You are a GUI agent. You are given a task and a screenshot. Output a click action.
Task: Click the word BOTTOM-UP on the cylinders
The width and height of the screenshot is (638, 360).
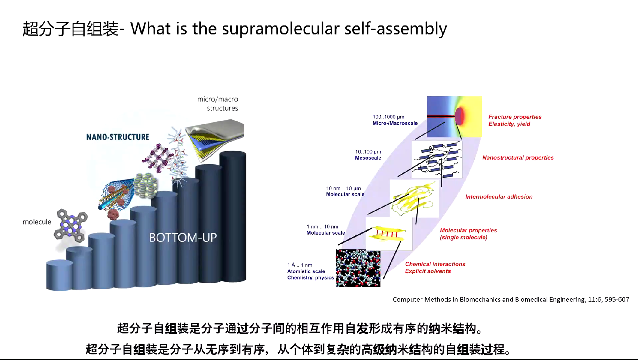[x=183, y=237]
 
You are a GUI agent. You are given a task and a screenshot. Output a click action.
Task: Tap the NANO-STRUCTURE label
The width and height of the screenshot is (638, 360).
[x=118, y=137]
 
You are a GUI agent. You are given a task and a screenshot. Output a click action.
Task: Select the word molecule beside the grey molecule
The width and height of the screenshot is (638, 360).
[x=37, y=222]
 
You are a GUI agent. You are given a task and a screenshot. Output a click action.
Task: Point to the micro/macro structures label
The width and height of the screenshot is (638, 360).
[x=218, y=104]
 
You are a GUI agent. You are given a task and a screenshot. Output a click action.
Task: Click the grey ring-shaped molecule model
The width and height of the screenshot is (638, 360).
[x=71, y=225]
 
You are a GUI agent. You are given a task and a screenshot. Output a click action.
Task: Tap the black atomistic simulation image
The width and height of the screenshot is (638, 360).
[x=358, y=268]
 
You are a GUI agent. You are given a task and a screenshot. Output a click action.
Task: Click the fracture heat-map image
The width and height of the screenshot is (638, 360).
[x=454, y=116]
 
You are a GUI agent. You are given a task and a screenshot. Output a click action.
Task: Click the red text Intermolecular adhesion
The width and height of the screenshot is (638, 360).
[x=499, y=196]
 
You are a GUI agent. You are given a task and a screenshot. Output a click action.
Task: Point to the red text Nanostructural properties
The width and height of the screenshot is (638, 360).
[x=518, y=158]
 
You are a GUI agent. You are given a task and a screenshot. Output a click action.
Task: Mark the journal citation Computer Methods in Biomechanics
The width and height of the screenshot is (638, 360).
[x=511, y=299]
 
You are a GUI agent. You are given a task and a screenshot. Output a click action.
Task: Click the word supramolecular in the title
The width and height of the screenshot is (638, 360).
[x=280, y=29]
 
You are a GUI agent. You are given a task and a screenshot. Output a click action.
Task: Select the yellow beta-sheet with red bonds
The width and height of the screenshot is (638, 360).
[x=388, y=234]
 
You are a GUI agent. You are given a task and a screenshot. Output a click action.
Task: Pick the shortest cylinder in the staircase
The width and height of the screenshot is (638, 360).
[x=60, y=275]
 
